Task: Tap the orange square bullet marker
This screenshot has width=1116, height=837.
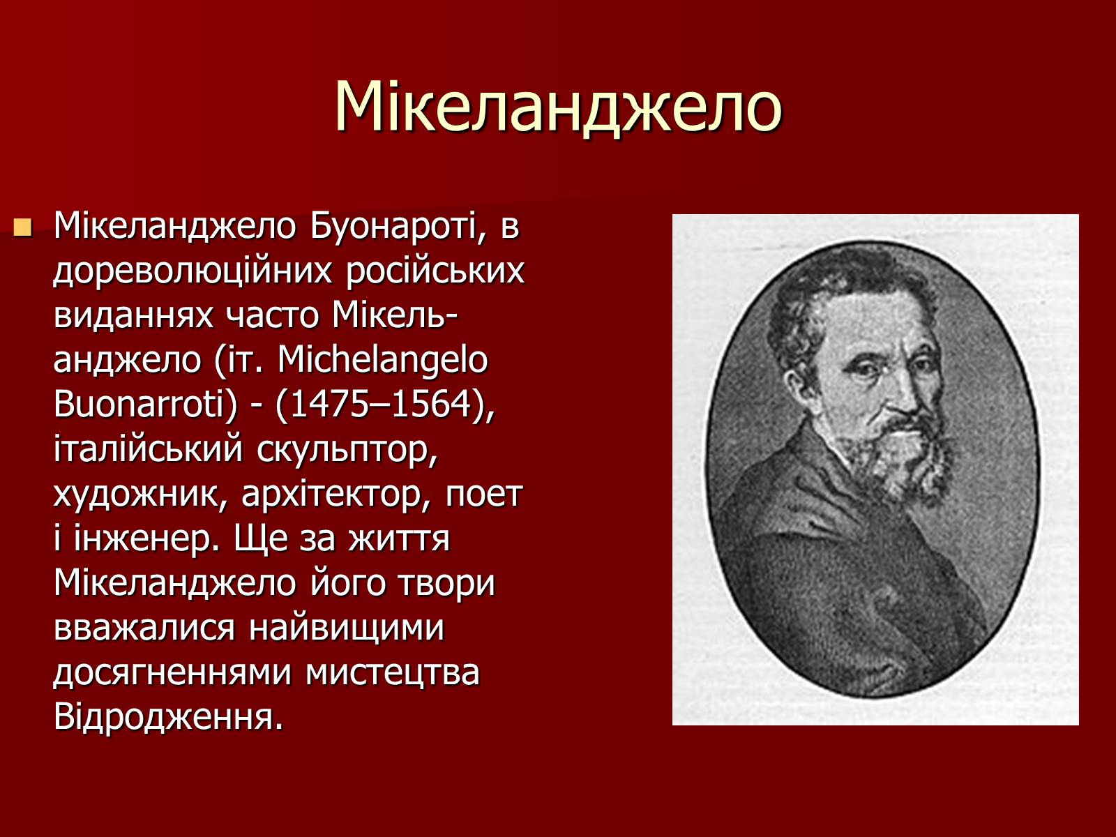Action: click(x=23, y=227)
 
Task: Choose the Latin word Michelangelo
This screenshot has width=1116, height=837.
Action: click(x=382, y=361)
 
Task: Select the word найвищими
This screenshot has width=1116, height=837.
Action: click(x=347, y=628)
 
